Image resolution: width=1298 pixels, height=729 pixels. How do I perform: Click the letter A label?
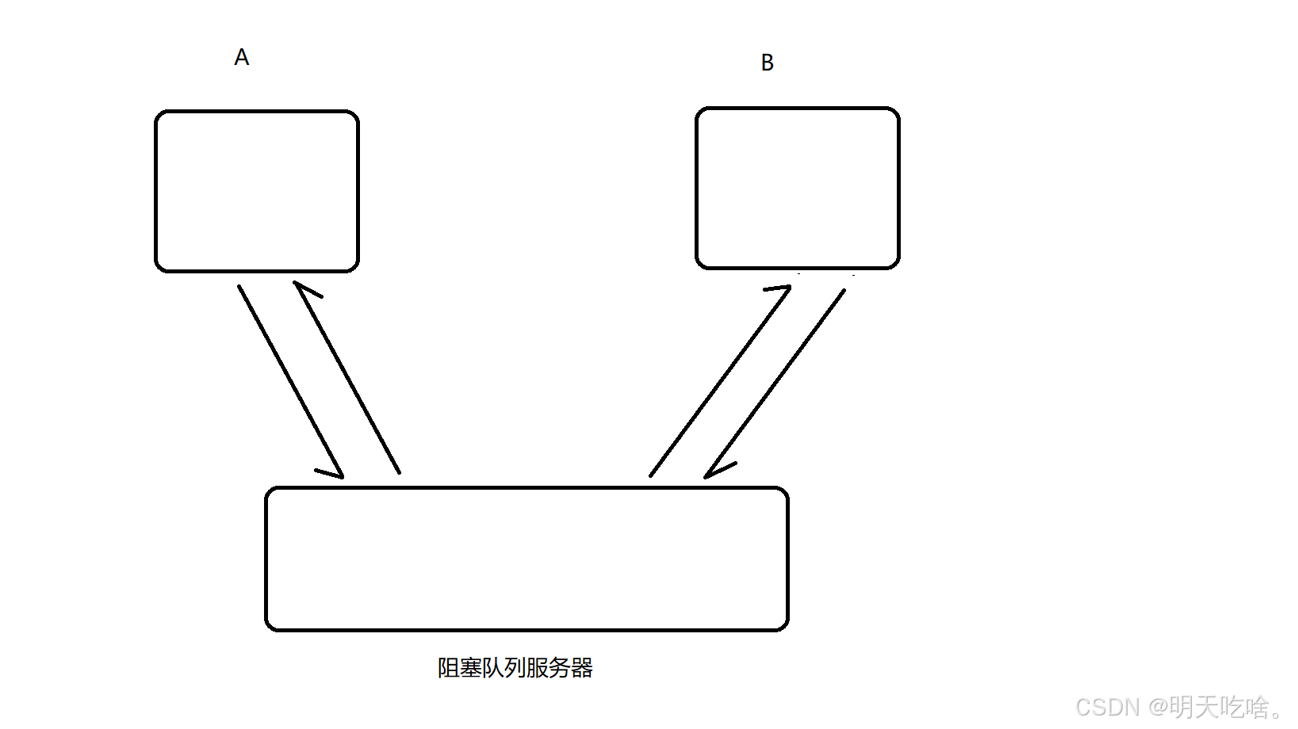(242, 57)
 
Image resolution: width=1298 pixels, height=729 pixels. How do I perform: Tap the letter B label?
(767, 63)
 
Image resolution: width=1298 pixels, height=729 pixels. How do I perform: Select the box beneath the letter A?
(257, 191)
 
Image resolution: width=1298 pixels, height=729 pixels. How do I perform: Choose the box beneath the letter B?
(797, 188)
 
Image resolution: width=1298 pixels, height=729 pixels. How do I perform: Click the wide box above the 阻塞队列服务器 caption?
(526, 559)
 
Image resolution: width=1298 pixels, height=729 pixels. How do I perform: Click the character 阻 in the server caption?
(449, 668)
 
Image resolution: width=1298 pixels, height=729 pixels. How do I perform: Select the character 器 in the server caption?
(582, 668)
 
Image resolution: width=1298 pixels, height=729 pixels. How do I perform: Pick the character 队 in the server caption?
(493, 668)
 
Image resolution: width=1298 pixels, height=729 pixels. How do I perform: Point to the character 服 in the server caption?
(538, 668)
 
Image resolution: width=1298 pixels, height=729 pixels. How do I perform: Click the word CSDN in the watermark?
(1108, 707)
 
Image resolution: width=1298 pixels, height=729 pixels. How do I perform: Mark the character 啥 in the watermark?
(1256, 707)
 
